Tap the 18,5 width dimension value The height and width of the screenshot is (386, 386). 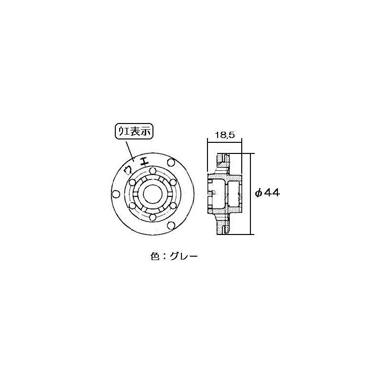(x=224, y=136)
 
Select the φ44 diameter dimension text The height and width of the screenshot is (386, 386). (x=267, y=193)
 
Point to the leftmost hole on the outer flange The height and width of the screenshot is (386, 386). (x=115, y=194)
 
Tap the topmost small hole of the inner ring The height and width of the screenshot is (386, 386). (x=152, y=171)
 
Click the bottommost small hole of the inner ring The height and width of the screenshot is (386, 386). (x=152, y=217)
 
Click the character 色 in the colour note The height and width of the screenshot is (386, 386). (x=155, y=256)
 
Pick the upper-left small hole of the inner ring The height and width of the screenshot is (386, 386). (x=132, y=183)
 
